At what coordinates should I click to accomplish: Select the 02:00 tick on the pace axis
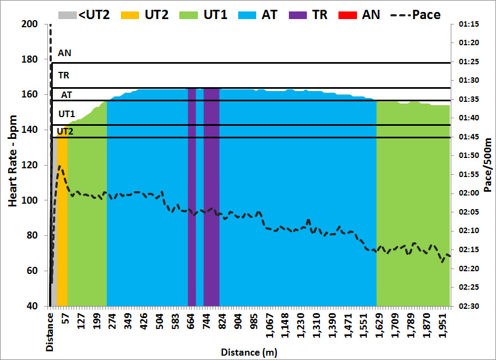click(469, 193)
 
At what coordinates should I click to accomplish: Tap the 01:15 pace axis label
click(469, 25)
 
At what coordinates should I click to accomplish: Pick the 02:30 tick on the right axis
click(469, 306)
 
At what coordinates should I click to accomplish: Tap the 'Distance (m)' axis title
click(249, 352)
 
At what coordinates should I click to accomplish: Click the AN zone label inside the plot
click(64, 53)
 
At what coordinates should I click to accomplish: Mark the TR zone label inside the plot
click(63, 75)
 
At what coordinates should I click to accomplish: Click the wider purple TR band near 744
click(211, 196)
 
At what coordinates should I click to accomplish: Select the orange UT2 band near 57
click(62, 218)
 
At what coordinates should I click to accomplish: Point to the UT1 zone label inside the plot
click(66, 114)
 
